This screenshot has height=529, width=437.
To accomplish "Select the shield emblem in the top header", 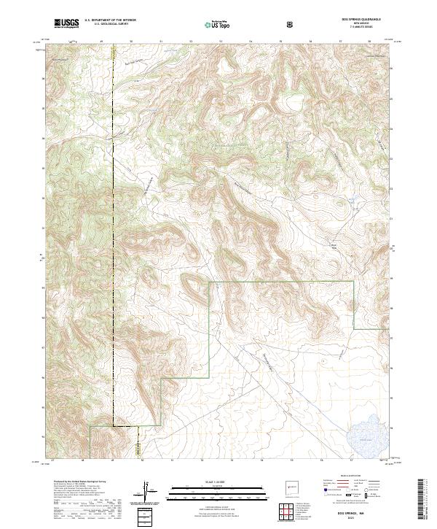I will click(x=290, y=24).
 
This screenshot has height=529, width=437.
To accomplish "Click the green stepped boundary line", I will click(x=210, y=328).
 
